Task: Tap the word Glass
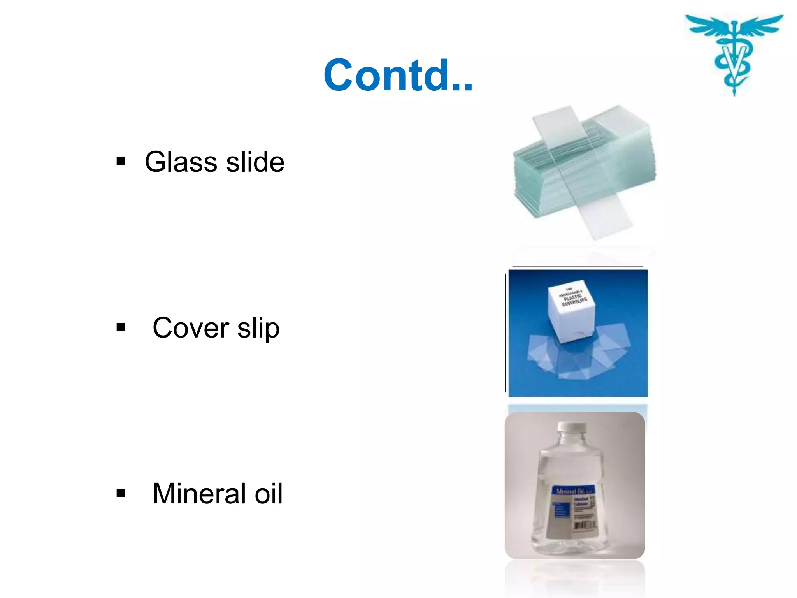click(x=181, y=162)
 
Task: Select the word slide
click(x=255, y=162)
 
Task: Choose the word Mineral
click(x=199, y=494)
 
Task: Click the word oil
click(x=269, y=494)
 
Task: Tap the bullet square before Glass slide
click(x=121, y=161)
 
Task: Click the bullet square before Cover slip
click(x=121, y=327)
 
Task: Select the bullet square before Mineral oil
click(x=121, y=493)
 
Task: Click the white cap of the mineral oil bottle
click(x=571, y=427)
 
